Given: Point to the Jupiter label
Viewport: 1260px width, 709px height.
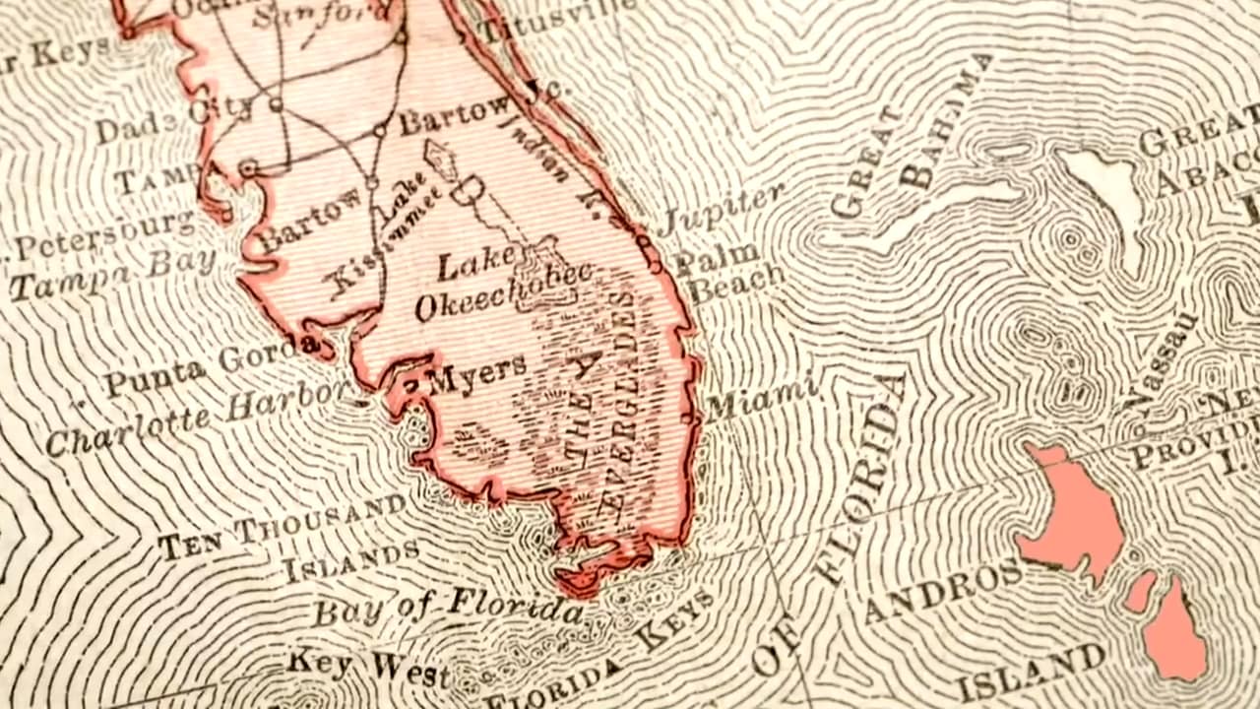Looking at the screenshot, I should pyautogui.click(x=721, y=208).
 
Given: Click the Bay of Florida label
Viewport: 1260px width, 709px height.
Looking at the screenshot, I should pyautogui.click(x=448, y=607).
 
